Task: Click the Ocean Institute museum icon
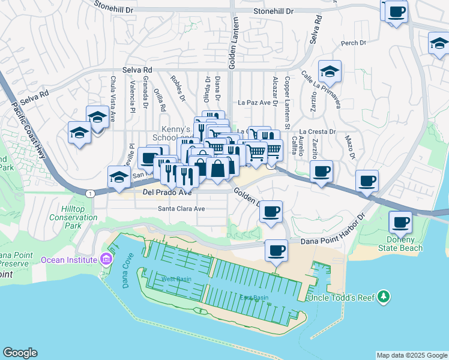pos(106,260)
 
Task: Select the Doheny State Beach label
pos(401,244)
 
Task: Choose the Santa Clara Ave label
pos(181,209)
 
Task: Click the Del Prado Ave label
pos(167,193)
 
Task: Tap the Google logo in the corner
pos(20,353)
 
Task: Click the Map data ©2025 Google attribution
pos(411,355)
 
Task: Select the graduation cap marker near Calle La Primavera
pos(329,71)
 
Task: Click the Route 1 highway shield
pos(89,193)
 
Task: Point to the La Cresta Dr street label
pos(318,131)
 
